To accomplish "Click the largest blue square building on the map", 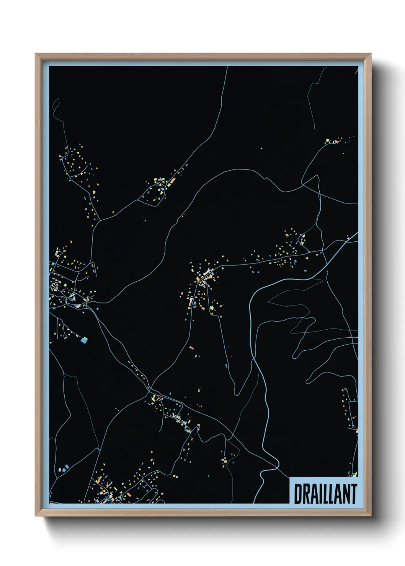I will click(x=84, y=339).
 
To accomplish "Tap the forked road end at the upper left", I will click(x=56, y=102).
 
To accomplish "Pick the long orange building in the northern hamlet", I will click(x=172, y=179).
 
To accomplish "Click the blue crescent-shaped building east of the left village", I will click(x=97, y=308).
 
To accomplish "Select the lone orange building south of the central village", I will click(x=191, y=348).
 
